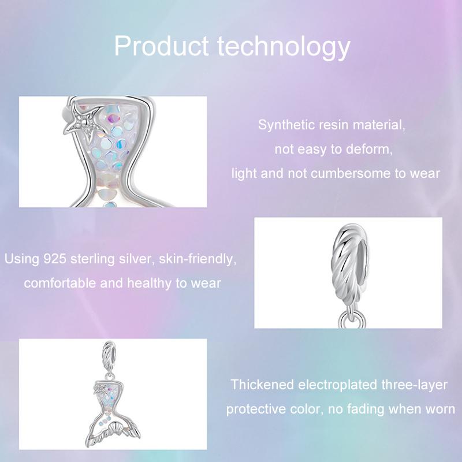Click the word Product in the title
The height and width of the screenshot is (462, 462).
point(162,46)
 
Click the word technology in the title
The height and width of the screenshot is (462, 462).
point(284,47)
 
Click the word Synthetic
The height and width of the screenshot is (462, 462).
point(282,125)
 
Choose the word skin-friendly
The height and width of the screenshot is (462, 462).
point(198,259)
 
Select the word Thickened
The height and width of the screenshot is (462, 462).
point(262,385)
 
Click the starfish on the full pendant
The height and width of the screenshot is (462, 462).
point(99,389)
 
